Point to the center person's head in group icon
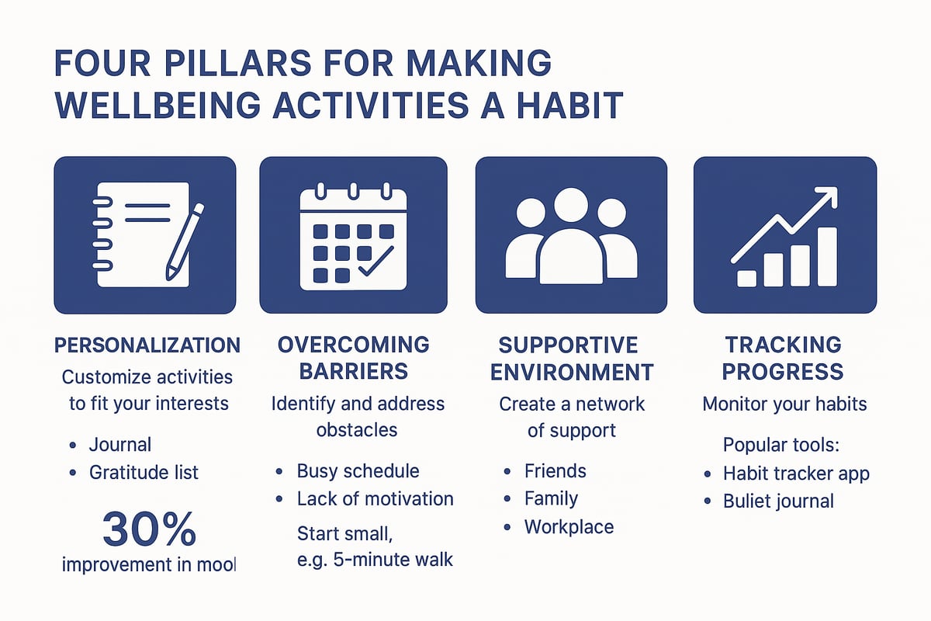pyautogui.click(x=570, y=207)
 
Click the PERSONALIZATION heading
pyautogui.click(x=147, y=345)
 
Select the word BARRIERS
pyautogui.click(x=353, y=371)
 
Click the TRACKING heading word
pyautogui.click(x=782, y=345)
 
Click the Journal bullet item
pyautogui.click(x=120, y=444)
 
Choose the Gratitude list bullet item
pyautogui.click(x=144, y=471)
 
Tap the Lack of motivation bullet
pyautogui.click(x=375, y=498)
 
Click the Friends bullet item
pyautogui.click(x=555, y=470)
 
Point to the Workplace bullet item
pyautogui.click(x=569, y=526)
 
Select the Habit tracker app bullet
pyautogui.click(x=796, y=473)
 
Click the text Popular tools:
pyautogui.click(x=781, y=445)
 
